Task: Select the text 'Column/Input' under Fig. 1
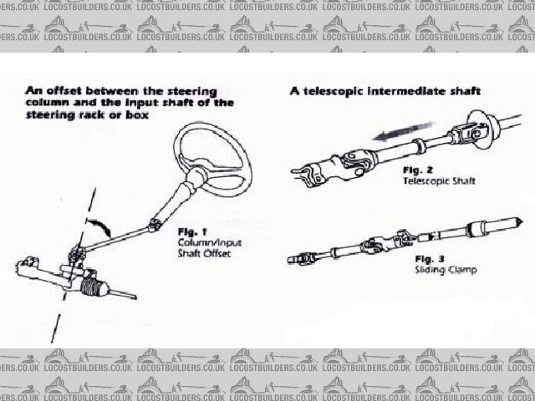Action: pyautogui.click(x=204, y=240)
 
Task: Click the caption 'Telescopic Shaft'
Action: pyautogui.click(x=432, y=180)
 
